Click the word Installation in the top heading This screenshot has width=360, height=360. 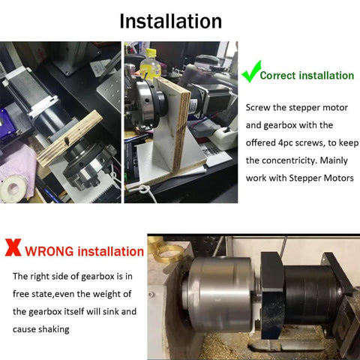(x=171, y=20)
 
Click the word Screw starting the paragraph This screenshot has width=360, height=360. (x=259, y=107)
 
